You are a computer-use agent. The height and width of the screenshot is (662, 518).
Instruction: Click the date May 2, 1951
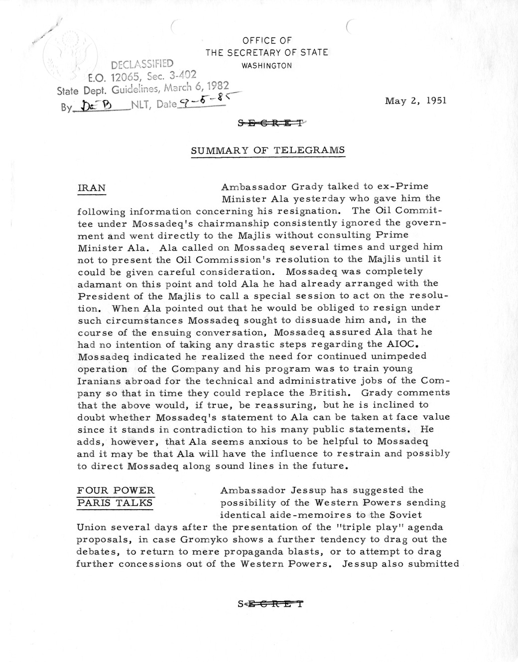(x=415, y=100)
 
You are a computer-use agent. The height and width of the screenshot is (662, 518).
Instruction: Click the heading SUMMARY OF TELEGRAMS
(x=268, y=150)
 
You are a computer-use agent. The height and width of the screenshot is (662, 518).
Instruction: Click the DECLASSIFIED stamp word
(x=142, y=64)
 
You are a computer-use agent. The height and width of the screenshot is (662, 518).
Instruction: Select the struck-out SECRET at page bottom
(x=270, y=605)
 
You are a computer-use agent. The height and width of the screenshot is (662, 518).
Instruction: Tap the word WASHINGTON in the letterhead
(x=266, y=65)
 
